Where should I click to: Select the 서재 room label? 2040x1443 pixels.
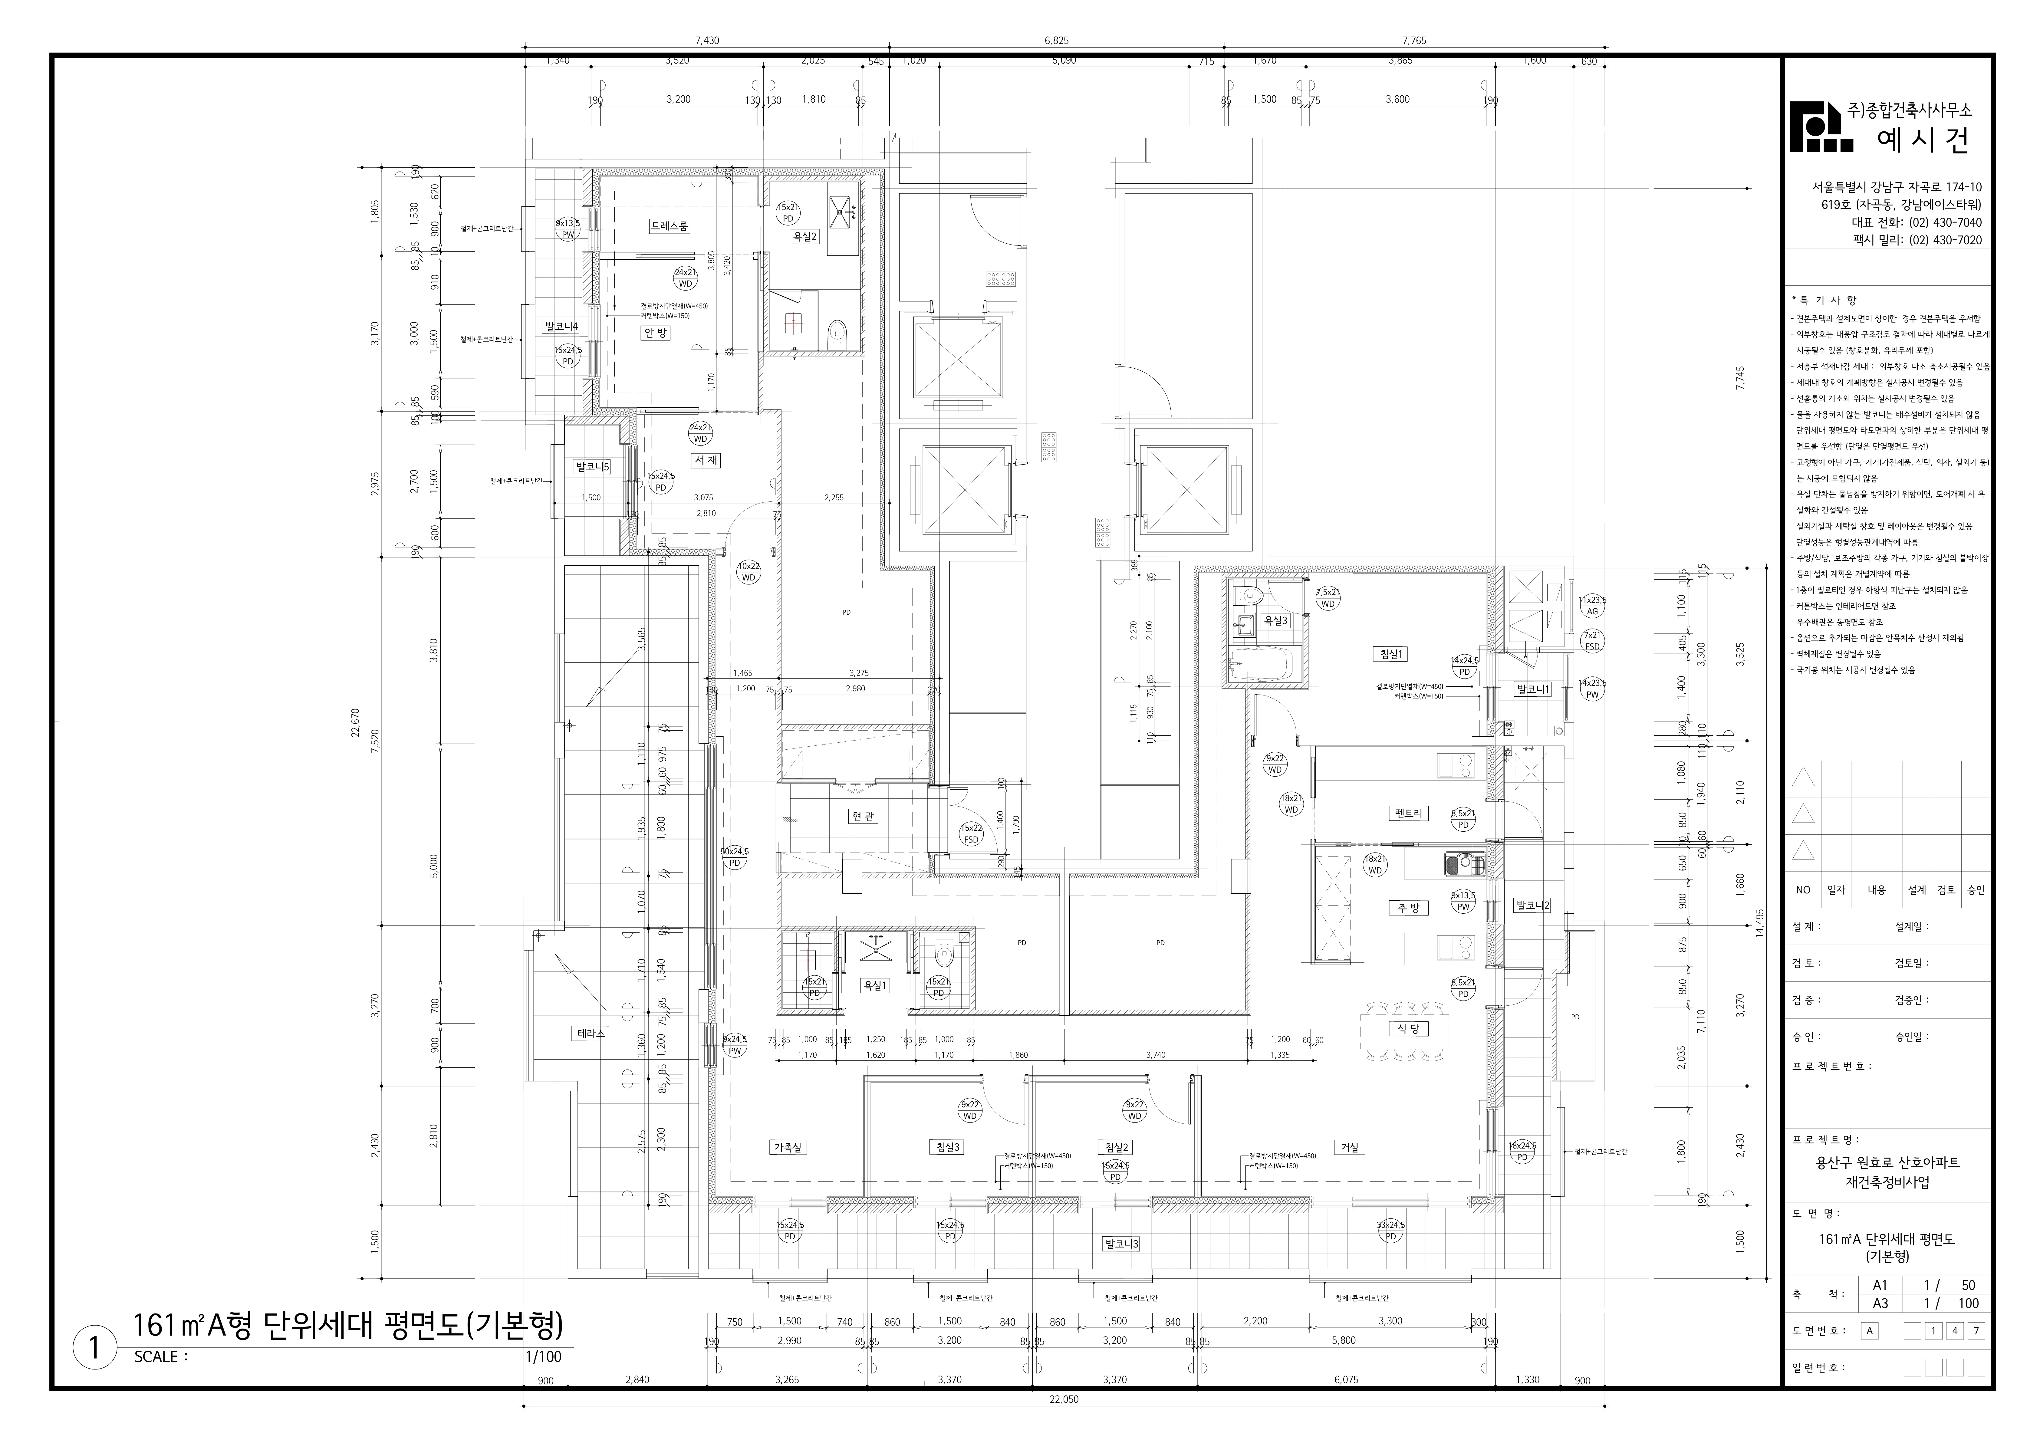point(706,460)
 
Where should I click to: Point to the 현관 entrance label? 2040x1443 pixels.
point(863,816)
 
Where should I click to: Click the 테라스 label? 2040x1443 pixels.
point(591,1034)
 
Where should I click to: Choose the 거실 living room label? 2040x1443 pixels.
point(1350,1147)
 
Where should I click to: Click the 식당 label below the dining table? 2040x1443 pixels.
point(1408,1029)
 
